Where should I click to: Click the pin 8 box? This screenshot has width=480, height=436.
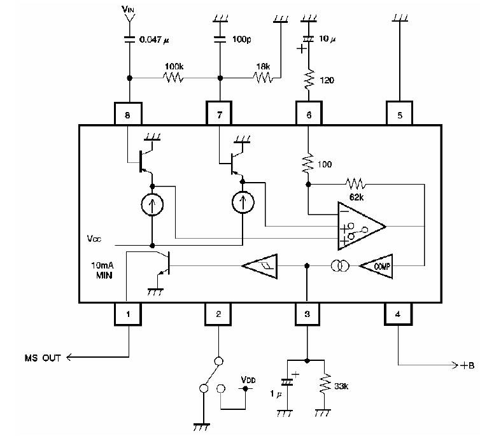127,116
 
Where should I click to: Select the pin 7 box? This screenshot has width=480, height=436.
218,116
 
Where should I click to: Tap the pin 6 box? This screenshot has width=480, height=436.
308,116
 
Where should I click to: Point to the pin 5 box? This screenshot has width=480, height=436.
399,116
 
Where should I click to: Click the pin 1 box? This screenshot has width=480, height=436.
127,313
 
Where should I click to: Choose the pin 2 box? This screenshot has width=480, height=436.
218,313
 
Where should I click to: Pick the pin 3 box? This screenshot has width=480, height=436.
308,313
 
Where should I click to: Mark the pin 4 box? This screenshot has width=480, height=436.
399,313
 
